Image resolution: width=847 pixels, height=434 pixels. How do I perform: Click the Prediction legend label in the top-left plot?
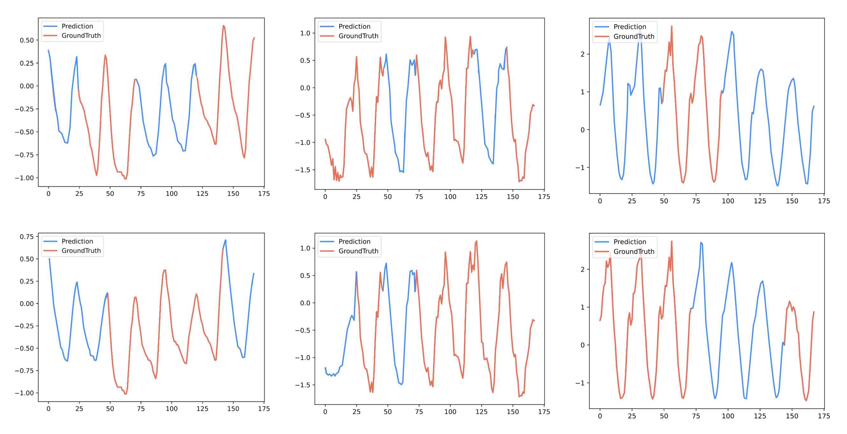[x=77, y=26]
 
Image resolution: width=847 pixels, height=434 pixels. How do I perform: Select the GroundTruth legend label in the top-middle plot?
[x=359, y=36]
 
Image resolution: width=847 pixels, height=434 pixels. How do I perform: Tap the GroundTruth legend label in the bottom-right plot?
[x=634, y=252]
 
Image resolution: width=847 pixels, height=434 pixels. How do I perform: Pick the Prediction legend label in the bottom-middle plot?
[x=354, y=242]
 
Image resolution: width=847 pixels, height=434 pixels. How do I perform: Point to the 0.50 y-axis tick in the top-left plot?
[x=27, y=40]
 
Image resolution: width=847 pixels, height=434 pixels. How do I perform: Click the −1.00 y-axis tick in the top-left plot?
[x=24, y=178]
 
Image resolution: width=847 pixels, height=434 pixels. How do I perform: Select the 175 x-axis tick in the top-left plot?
[x=264, y=194]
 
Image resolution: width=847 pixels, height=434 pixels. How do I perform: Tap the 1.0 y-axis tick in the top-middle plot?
[x=305, y=33]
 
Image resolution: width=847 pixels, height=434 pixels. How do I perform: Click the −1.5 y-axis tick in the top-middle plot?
[x=302, y=170]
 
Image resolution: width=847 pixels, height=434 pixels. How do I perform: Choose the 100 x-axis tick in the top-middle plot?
[x=450, y=197]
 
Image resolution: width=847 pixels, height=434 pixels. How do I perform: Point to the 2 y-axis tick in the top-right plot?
[x=583, y=54]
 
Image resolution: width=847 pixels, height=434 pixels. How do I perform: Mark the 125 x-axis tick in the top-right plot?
[x=760, y=201]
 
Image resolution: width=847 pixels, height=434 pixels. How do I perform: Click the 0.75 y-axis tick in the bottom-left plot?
[x=27, y=237]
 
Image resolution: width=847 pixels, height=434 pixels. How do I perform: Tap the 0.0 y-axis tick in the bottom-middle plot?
[x=305, y=303]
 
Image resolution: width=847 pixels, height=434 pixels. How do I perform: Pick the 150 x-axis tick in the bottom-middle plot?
[x=513, y=412]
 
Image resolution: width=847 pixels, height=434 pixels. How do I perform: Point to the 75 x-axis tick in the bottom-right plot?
[x=696, y=416]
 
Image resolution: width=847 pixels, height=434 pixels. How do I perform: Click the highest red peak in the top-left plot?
[x=223, y=26]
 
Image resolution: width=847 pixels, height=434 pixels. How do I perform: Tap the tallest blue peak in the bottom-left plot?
[x=225, y=240]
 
